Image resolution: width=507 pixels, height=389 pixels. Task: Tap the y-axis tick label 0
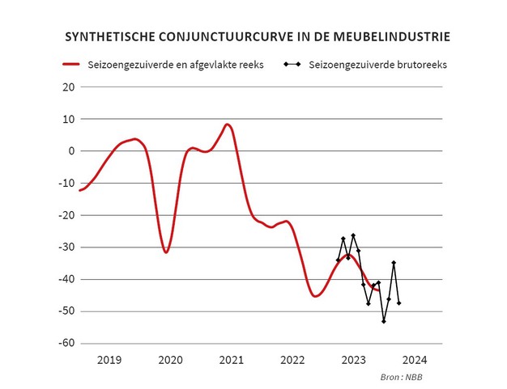[x=70, y=151]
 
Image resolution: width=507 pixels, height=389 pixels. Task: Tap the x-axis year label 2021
[x=231, y=359]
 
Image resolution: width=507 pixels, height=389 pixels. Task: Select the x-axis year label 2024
[x=414, y=359]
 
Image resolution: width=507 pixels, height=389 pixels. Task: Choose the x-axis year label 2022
[x=292, y=359]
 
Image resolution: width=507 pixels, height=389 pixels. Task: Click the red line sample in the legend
[x=72, y=64]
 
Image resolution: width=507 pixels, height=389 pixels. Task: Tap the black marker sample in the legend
[x=294, y=64]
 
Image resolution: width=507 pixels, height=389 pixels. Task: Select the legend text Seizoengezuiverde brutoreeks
[x=378, y=64]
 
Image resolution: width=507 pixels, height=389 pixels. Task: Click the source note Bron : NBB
[x=403, y=378]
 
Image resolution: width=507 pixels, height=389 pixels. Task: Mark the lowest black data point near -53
[x=384, y=321]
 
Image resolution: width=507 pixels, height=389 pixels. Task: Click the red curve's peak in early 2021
[x=228, y=125]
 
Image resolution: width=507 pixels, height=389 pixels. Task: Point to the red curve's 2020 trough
[x=166, y=252]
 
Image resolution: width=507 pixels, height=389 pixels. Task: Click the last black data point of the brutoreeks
[x=399, y=303]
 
